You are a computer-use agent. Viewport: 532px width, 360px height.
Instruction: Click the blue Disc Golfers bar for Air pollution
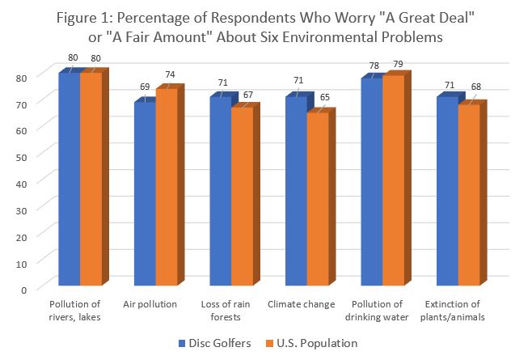click(144, 194)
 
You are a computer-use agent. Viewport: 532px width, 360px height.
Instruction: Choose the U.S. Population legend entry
click(307, 343)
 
